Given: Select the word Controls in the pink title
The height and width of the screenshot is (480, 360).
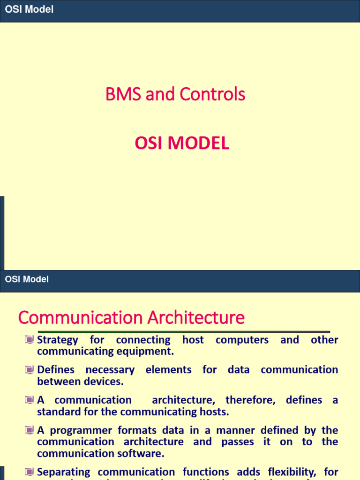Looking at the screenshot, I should (218, 95).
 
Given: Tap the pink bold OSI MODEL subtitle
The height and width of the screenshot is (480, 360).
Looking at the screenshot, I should (182, 143).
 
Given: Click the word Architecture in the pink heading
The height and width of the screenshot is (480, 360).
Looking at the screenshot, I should (196, 318).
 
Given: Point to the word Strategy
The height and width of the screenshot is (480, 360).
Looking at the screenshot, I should (58, 340).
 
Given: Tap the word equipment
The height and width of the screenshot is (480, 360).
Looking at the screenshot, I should (145, 352).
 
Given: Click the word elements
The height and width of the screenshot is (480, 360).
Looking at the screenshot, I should (168, 370).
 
